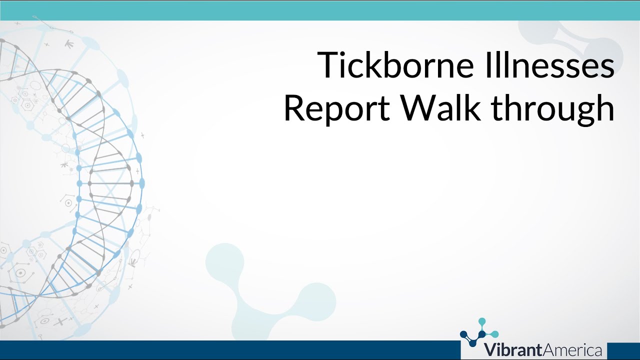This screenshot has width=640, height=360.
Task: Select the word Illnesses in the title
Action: [561, 65]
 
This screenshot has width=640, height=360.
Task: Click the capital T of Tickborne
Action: [328, 65]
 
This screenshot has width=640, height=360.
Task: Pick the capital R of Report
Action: [293, 108]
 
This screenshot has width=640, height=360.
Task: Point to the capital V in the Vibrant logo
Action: [490, 349]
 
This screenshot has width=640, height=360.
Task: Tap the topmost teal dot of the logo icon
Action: [482, 321]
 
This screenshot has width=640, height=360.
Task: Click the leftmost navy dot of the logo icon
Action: [463, 334]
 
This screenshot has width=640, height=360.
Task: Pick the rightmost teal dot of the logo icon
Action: [495, 334]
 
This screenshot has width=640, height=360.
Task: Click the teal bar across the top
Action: [320, 10]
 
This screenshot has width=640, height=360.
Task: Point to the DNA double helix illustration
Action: [95, 185]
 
